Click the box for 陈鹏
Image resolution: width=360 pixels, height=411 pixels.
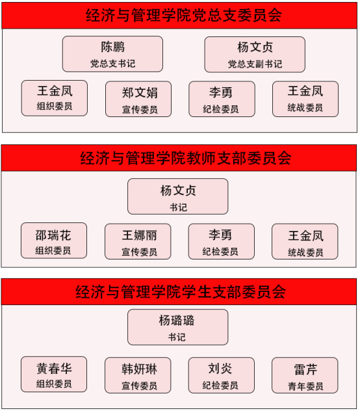112,54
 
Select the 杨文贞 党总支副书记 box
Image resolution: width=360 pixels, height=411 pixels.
255,55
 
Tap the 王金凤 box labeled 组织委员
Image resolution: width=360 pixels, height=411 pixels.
55,98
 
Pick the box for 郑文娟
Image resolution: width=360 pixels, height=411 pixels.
138,99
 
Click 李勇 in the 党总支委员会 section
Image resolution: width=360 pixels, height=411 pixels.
222,99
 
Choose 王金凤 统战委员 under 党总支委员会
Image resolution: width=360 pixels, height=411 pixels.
305,99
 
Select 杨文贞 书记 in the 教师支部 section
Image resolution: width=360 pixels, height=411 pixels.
177,196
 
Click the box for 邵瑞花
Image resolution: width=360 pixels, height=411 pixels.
54,241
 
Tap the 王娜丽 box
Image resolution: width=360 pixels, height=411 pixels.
138,241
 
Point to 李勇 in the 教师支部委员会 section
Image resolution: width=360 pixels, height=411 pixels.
221,241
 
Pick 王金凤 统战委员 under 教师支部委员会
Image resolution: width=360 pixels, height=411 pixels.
305,241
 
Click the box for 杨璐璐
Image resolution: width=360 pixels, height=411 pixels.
177,327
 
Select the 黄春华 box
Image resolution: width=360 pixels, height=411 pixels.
54,375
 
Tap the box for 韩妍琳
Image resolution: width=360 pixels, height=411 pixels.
138,375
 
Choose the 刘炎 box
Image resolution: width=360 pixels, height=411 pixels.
221,375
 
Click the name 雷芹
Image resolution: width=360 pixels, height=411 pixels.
305,369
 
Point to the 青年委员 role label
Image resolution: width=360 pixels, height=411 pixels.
305,386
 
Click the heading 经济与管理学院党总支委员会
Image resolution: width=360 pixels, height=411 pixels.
184,15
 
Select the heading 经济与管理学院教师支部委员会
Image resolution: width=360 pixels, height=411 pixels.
185,158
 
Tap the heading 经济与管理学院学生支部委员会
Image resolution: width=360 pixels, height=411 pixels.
181,291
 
